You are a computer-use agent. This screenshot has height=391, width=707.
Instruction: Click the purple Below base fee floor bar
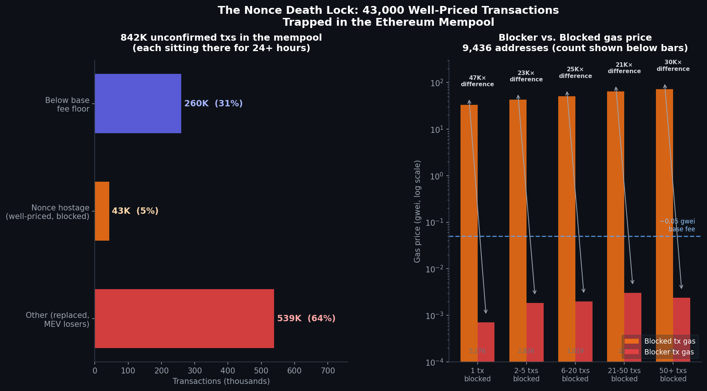[x=138, y=103]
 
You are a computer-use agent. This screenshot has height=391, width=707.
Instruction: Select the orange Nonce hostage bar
[x=102, y=211]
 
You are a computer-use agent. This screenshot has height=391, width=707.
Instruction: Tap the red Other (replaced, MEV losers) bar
[x=184, y=319]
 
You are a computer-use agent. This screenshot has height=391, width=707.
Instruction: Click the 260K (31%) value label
[x=213, y=104]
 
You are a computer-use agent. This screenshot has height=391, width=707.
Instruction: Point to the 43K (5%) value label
[x=135, y=211]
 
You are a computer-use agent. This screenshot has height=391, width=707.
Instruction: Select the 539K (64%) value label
[x=306, y=319]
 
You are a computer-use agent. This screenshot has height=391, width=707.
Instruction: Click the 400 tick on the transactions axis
[x=228, y=371]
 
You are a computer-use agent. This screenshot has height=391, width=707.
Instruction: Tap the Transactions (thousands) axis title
[x=221, y=381]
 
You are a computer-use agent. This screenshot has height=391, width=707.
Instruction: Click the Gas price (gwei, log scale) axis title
[x=417, y=211]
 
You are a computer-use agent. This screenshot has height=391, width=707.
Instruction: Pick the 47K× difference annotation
[x=477, y=81]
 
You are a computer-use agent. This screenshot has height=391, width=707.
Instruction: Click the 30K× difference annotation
[x=673, y=66]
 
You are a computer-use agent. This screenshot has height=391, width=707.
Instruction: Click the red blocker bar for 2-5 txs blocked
[x=535, y=332]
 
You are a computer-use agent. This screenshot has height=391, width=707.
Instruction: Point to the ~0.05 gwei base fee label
[x=678, y=225]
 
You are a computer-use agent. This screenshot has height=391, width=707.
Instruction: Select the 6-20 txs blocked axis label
[x=575, y=375]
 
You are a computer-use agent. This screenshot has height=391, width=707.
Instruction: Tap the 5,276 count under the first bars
[x=477, y=351]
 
